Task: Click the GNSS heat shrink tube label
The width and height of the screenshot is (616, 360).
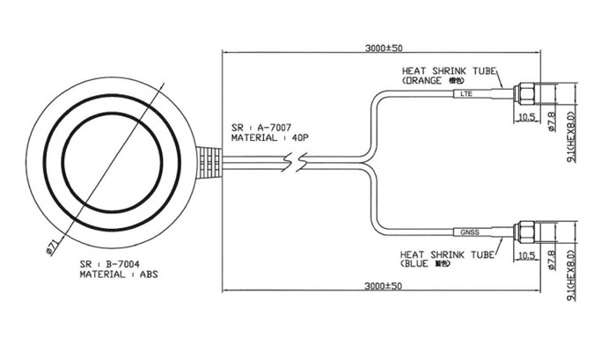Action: click(470, 232)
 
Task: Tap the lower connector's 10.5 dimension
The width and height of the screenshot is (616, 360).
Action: click(525, 255)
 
